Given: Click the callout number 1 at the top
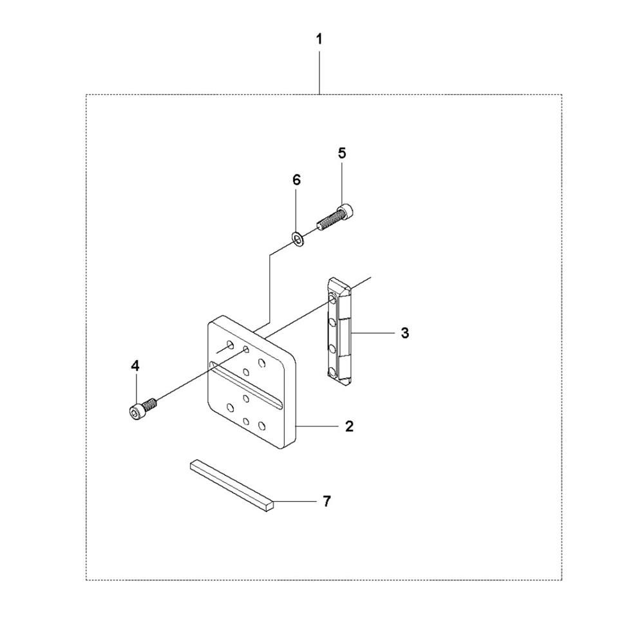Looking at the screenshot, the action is coord(319,40).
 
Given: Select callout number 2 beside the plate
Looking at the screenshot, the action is coord(349,426).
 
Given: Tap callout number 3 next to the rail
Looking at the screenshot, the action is coord(404,333).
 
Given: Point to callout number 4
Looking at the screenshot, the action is coord(135,366).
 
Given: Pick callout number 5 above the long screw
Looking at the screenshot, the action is coord(342,153).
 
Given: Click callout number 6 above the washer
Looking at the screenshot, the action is coord(296,180).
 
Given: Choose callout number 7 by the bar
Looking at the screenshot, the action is coord(327,501).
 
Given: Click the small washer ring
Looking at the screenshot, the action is coord(298,239).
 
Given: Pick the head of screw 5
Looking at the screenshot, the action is coord(347,211).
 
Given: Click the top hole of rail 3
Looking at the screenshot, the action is coord(332,298).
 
